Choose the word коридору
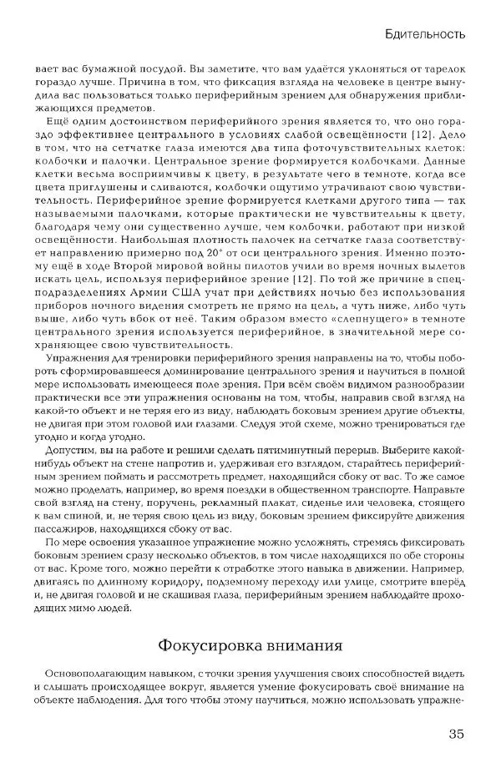(185, 570)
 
